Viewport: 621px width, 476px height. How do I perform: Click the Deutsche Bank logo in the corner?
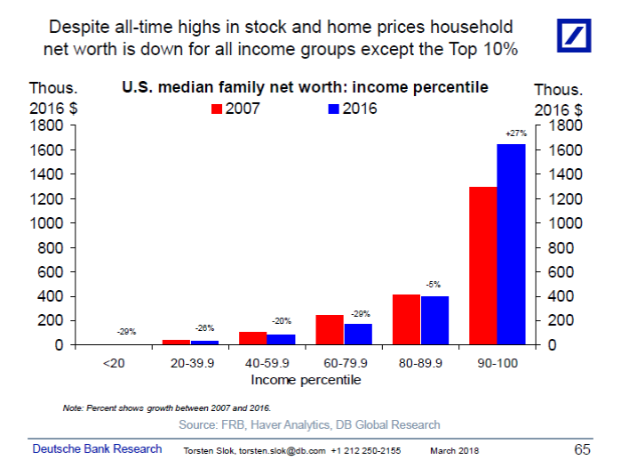[581, 36]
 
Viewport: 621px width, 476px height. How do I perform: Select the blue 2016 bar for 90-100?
[511, 244]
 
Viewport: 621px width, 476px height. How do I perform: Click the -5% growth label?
[434, 285]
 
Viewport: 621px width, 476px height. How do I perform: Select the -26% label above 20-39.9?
[205, 328]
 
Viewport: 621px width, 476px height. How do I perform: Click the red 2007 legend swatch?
[216, 109]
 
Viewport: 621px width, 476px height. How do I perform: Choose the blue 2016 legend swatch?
[334, 109]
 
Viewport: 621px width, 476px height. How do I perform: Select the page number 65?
[582, 449]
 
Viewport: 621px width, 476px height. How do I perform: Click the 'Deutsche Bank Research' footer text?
[98, 449]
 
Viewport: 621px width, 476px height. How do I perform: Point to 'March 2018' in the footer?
[454, 451]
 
